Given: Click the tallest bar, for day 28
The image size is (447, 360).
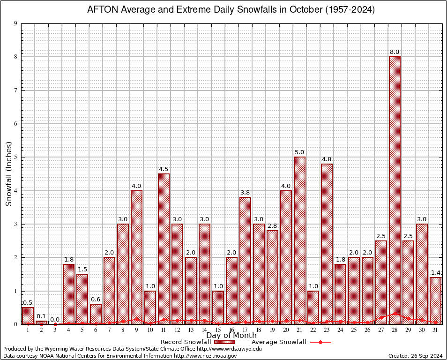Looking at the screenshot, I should (x=395, y=187).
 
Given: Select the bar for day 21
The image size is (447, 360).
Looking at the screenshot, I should (x=299, y=239).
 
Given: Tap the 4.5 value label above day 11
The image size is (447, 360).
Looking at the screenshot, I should (x=164, y=169).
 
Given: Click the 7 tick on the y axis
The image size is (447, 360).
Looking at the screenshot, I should (x=16, y=90).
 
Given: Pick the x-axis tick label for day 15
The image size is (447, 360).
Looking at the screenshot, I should (x=218, y=330).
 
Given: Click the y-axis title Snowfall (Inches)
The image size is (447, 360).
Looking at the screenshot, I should (x=8, y=174).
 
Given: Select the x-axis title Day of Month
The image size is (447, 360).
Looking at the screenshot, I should (x=231, y=336).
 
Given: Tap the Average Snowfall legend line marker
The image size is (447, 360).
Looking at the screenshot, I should (x=320, y=342).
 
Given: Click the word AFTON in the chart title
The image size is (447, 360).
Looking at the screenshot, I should (x=101, y=10).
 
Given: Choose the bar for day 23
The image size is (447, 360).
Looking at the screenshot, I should (x=327, y=244).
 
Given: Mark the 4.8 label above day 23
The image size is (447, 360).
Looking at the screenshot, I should (x=327, y=159).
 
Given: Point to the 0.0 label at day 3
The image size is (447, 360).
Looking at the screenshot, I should (x=55, y=320).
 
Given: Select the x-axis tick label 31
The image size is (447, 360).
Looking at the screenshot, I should (x=435, y=330).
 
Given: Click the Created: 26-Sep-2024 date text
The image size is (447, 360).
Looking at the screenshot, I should (x=416, y=356).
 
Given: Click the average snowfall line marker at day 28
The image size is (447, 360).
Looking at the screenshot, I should (x=395, y=313).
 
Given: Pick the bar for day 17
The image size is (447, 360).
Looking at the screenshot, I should (x=245, y=260).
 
